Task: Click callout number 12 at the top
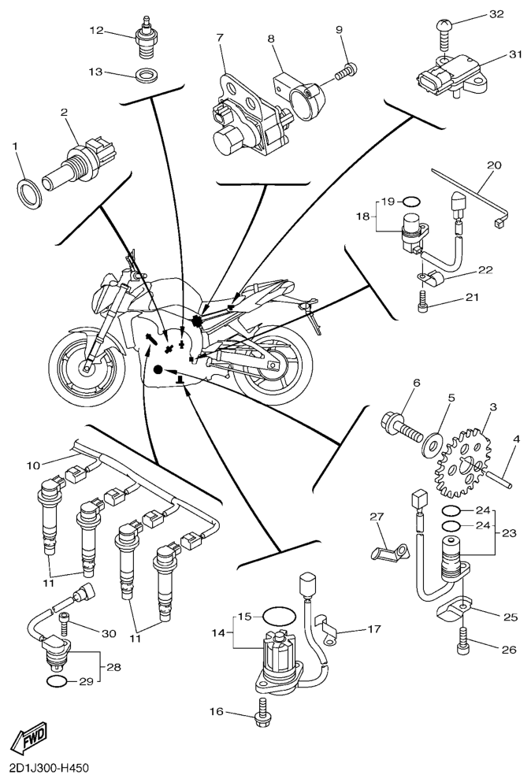point(96,31)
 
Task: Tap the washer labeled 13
point(145,76)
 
